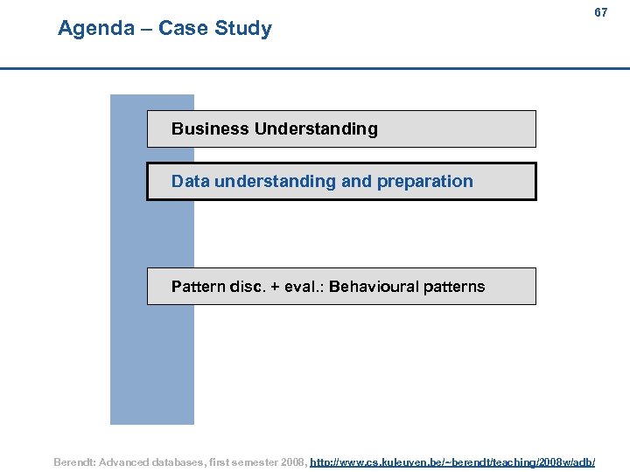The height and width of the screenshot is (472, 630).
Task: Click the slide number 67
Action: tap(600, 13)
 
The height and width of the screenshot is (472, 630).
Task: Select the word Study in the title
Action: tap(244, 28)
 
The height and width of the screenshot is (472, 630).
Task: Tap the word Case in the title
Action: tap(185, 28)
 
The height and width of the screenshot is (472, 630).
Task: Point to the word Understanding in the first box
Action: tap(316, 129)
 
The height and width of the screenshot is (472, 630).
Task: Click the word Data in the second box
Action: tap(190, 182)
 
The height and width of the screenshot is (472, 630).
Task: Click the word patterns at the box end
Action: tap(453, 287)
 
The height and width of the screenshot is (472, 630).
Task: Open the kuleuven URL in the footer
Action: tap(452, 462)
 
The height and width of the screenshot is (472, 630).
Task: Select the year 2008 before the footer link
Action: tap(292, 462)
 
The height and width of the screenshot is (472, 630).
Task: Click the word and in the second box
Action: tap(356, 182)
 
